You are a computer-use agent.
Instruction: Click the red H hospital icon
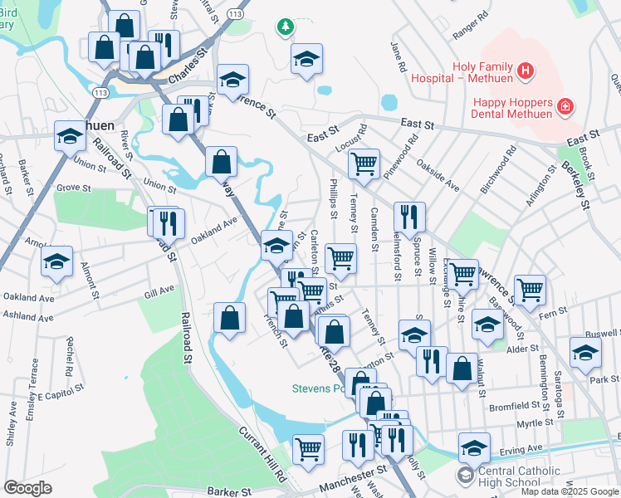click(x=525, y=72)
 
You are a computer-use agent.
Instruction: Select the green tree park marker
click(x=286, y=27)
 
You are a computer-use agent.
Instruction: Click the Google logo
click(x=27, y=488)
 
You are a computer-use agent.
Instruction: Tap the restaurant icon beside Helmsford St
click(x=409, y=218)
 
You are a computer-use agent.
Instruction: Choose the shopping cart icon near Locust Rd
click(x=363, y=164)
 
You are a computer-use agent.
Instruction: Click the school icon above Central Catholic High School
click(x=473, y=449)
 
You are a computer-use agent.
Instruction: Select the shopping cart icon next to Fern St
click(x=530, y=290)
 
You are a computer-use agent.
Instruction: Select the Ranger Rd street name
click(x=471, y=27)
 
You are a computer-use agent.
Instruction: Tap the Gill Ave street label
click(x=159, y=290)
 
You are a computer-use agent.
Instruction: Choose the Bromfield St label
click(x=515, y=407)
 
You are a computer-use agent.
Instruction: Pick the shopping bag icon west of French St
click(x=229, y=318)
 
